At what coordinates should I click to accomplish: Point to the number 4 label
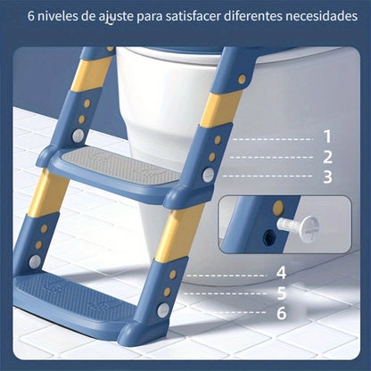pos(281,273)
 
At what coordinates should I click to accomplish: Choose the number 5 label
pos(281,293)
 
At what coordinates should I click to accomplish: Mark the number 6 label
pos(281,312)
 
